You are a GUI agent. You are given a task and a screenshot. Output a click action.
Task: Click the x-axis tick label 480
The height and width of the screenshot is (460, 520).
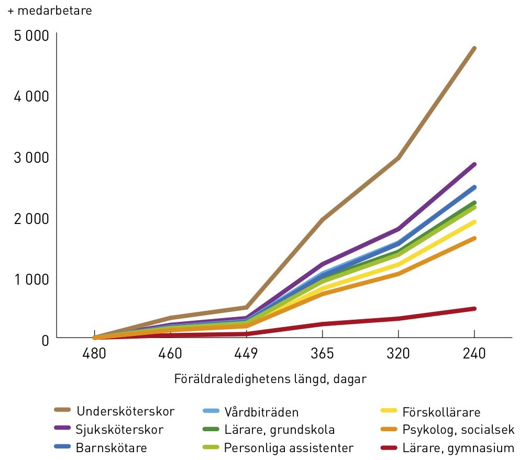click(x=94, y=353)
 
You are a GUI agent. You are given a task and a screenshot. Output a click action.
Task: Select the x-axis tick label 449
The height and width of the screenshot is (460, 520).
click(x=246, y=353)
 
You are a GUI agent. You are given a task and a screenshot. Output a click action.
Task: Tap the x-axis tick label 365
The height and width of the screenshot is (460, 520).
click(x=322, y=353)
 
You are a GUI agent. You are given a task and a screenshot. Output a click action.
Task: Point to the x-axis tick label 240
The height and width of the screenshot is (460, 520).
click(x=474, y=353)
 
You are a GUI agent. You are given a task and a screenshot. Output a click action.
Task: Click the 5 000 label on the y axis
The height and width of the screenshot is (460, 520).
click(x=31, y=36)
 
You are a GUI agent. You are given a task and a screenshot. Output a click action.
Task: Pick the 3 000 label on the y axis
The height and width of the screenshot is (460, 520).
click(x=31, y=158)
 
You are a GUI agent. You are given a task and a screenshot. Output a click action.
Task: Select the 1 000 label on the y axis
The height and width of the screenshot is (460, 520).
click(x=31, y=279)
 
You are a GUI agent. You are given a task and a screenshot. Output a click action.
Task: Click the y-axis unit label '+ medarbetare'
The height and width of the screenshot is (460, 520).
click(x=50, y=10)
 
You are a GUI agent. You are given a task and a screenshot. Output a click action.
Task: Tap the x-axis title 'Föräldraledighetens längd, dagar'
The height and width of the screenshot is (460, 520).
click(x=270, y=379)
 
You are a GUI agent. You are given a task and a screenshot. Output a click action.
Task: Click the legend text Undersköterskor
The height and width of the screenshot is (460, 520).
click(x=125, y=411)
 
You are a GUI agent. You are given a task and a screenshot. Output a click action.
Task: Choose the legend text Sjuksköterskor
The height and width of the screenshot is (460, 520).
click(x=119, y=430)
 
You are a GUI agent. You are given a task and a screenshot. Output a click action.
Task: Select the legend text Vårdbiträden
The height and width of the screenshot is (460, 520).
click(x=261, y=412)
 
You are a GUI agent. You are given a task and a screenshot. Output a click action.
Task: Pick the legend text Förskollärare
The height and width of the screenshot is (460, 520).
click(x=441, y=412)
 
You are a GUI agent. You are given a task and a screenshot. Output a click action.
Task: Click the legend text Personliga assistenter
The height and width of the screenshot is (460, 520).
click(x=289, y=448)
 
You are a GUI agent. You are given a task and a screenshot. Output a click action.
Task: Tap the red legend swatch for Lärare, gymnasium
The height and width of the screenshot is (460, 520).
click(x=389, y=448)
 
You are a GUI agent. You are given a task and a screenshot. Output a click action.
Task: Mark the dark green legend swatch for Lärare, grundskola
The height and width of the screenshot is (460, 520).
click(x=211, y=429)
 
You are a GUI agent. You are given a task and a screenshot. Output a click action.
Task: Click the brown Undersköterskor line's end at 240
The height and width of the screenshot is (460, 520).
click(x=474, y=48)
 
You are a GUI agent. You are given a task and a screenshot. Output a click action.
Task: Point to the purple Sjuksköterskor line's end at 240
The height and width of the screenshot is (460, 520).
click(x=474, y=164)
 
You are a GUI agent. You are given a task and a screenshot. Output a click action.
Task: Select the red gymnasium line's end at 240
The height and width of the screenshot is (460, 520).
click(x=474, y=309)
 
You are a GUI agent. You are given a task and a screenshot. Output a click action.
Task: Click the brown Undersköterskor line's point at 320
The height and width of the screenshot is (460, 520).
click(x=399, y=158)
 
